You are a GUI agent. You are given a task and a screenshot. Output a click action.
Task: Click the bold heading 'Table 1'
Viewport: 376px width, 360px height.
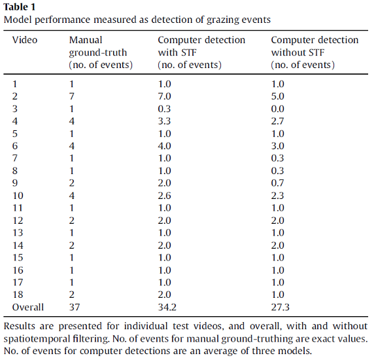(20, 7)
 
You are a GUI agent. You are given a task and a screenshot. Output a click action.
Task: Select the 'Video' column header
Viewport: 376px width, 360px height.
(25, 40)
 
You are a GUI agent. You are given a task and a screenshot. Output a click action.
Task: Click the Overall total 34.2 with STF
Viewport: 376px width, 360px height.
(167, 307)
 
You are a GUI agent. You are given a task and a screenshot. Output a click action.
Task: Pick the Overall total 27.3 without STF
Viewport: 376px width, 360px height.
(281, 307)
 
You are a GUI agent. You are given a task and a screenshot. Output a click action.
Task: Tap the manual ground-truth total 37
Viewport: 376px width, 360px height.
(75, 307)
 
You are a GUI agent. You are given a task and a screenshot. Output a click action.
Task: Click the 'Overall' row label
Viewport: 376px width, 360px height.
(28, 307)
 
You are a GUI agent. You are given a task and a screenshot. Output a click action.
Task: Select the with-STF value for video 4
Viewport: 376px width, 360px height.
(164, 121)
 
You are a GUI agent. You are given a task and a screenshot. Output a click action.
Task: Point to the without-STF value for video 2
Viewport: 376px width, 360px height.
(278, 96)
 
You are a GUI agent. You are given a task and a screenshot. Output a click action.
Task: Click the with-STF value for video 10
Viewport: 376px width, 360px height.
(164, 196)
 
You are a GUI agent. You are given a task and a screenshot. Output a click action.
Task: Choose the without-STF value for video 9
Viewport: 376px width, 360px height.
(278, 183)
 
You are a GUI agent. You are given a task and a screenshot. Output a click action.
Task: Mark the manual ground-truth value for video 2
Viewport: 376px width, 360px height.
(72, 96)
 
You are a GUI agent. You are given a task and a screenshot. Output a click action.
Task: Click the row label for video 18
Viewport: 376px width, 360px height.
(18, 295)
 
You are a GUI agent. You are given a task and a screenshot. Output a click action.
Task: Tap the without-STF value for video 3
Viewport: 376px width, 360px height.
(278, 109)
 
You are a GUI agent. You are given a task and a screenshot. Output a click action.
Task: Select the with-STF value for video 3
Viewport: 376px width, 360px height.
(164, 109)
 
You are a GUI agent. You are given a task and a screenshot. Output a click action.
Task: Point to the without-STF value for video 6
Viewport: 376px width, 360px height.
(278, 146)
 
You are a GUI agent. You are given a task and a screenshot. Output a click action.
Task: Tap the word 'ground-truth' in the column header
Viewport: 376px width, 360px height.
(98, 53)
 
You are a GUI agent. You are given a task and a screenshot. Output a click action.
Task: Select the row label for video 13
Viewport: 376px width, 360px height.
(18, 233)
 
